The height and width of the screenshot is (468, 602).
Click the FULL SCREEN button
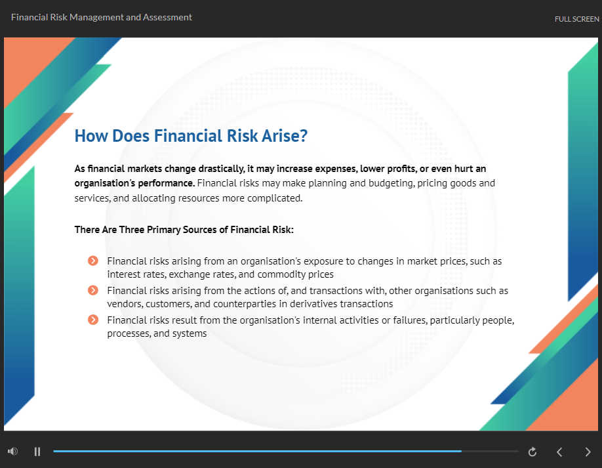(576, 19)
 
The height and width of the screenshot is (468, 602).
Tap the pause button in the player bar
(37, 452)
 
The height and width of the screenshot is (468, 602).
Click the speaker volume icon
(12, 451)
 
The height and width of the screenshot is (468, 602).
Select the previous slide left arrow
(559, 452)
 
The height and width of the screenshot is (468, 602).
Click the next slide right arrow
(588, 452)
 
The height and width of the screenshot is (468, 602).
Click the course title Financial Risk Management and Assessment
(102, 17)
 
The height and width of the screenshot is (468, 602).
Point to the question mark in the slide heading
(304, 136)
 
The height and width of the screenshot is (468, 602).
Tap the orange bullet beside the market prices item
(93, 261)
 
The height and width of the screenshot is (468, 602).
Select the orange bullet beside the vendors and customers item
(93, 290)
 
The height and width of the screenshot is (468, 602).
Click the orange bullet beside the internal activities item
(93, 320)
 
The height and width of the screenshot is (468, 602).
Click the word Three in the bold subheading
(132, 230)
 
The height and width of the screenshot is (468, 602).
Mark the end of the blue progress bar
(461, 451)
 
